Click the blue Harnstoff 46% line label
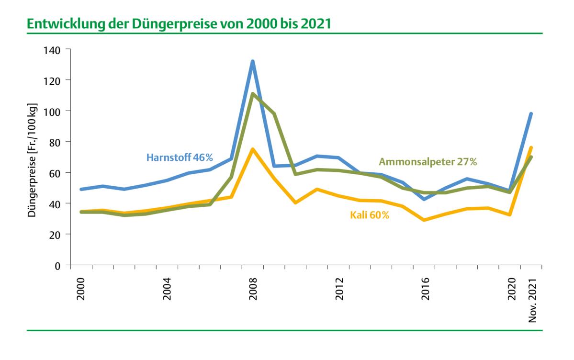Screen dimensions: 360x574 click(180, 157)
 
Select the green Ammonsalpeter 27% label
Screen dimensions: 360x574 click(428, 162)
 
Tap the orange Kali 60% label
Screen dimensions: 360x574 click(370, 215)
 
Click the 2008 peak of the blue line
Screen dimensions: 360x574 click(252, 61)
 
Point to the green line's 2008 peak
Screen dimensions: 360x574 click(252, 94)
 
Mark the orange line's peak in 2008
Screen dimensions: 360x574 click(252, 149)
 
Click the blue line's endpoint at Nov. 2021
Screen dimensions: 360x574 click(531, 114)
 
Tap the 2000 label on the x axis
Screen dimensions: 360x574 click(80, 288)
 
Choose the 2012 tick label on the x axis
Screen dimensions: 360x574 click(339, 288)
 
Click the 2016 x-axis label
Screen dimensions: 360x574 click(425, 288)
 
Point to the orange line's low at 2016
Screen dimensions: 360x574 click(424, 220)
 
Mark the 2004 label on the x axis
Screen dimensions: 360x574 click(167, 288)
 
